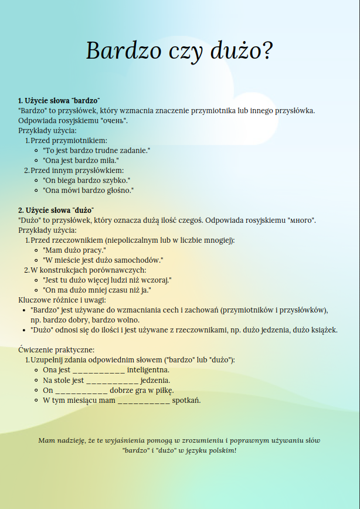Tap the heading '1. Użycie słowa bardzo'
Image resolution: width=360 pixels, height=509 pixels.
point(59,100)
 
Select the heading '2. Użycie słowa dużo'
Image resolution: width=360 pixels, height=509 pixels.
point(56,210)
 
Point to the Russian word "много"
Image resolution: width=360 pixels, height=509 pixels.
point(301,220)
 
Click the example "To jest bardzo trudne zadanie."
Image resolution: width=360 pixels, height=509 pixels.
point(97,150)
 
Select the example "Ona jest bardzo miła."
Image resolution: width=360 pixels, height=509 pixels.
point(81,160)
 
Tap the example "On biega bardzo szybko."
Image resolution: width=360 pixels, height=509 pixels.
point(86,180)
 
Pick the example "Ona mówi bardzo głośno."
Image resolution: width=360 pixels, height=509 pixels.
point(89,190)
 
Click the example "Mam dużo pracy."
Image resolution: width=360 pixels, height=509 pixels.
point(74,250)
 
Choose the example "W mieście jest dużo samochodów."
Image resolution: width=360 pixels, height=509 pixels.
point(103,260)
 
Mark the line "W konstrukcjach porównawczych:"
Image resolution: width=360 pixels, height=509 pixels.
point(88,270)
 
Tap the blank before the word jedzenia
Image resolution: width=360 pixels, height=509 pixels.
point(112,381)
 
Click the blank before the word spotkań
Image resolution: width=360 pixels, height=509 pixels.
point(144,401)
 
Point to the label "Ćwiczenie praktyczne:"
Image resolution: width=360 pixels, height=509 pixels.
point(56,349)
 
